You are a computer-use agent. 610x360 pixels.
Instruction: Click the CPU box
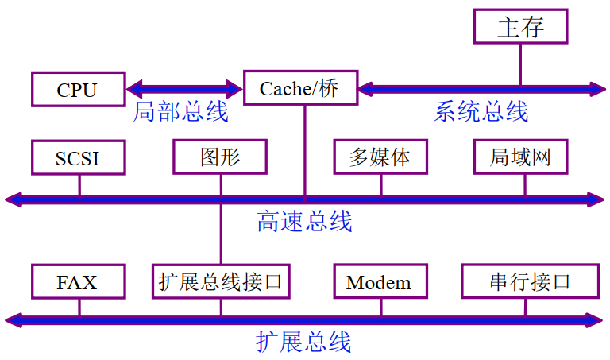(78, 89)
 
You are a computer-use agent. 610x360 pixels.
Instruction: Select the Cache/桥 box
(299, 88)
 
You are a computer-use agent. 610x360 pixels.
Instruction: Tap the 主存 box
(521, 28)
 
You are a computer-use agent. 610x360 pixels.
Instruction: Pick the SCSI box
(78, 157)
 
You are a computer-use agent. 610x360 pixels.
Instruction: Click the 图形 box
(220, 157)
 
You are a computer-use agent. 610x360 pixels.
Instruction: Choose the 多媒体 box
(380, 157)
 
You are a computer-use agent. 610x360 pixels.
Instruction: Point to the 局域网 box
(522, 157)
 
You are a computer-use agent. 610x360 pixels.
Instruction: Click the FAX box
(78, 281)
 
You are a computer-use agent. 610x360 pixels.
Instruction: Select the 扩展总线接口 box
(221, 281)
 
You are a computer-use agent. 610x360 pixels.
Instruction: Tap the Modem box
(380, 282)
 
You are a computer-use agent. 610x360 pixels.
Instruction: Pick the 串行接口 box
(529, 281)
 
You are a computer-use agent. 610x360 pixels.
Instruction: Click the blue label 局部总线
(181, 112)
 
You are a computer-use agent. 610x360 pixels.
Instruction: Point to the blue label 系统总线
(481, 112)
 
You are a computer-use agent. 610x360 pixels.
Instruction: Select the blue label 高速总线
(304, 221)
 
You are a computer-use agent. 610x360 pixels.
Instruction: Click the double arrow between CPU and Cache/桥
(183, 88)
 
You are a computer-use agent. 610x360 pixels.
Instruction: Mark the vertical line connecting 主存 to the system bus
(521, 64)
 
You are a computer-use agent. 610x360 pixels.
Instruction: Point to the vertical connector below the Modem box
(380, 308)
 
